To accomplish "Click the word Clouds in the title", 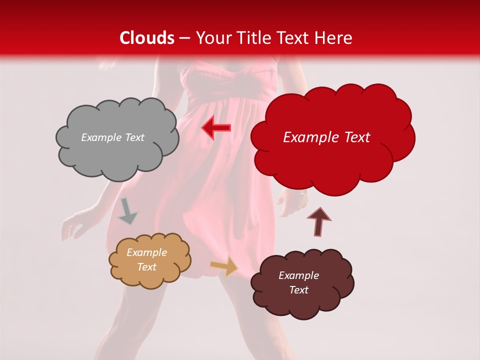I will (x=147, y=38).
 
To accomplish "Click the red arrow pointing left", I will (x=215, y=128).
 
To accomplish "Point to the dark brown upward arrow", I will (x=318, y=221).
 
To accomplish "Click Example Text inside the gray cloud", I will (x=112, y=137).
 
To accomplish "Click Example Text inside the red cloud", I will (x=326, y=137).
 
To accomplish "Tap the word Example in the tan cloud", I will (x=146, y=252).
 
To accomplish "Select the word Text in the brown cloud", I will (x=298, y=290).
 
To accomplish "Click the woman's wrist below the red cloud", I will (x=298, y=195).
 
